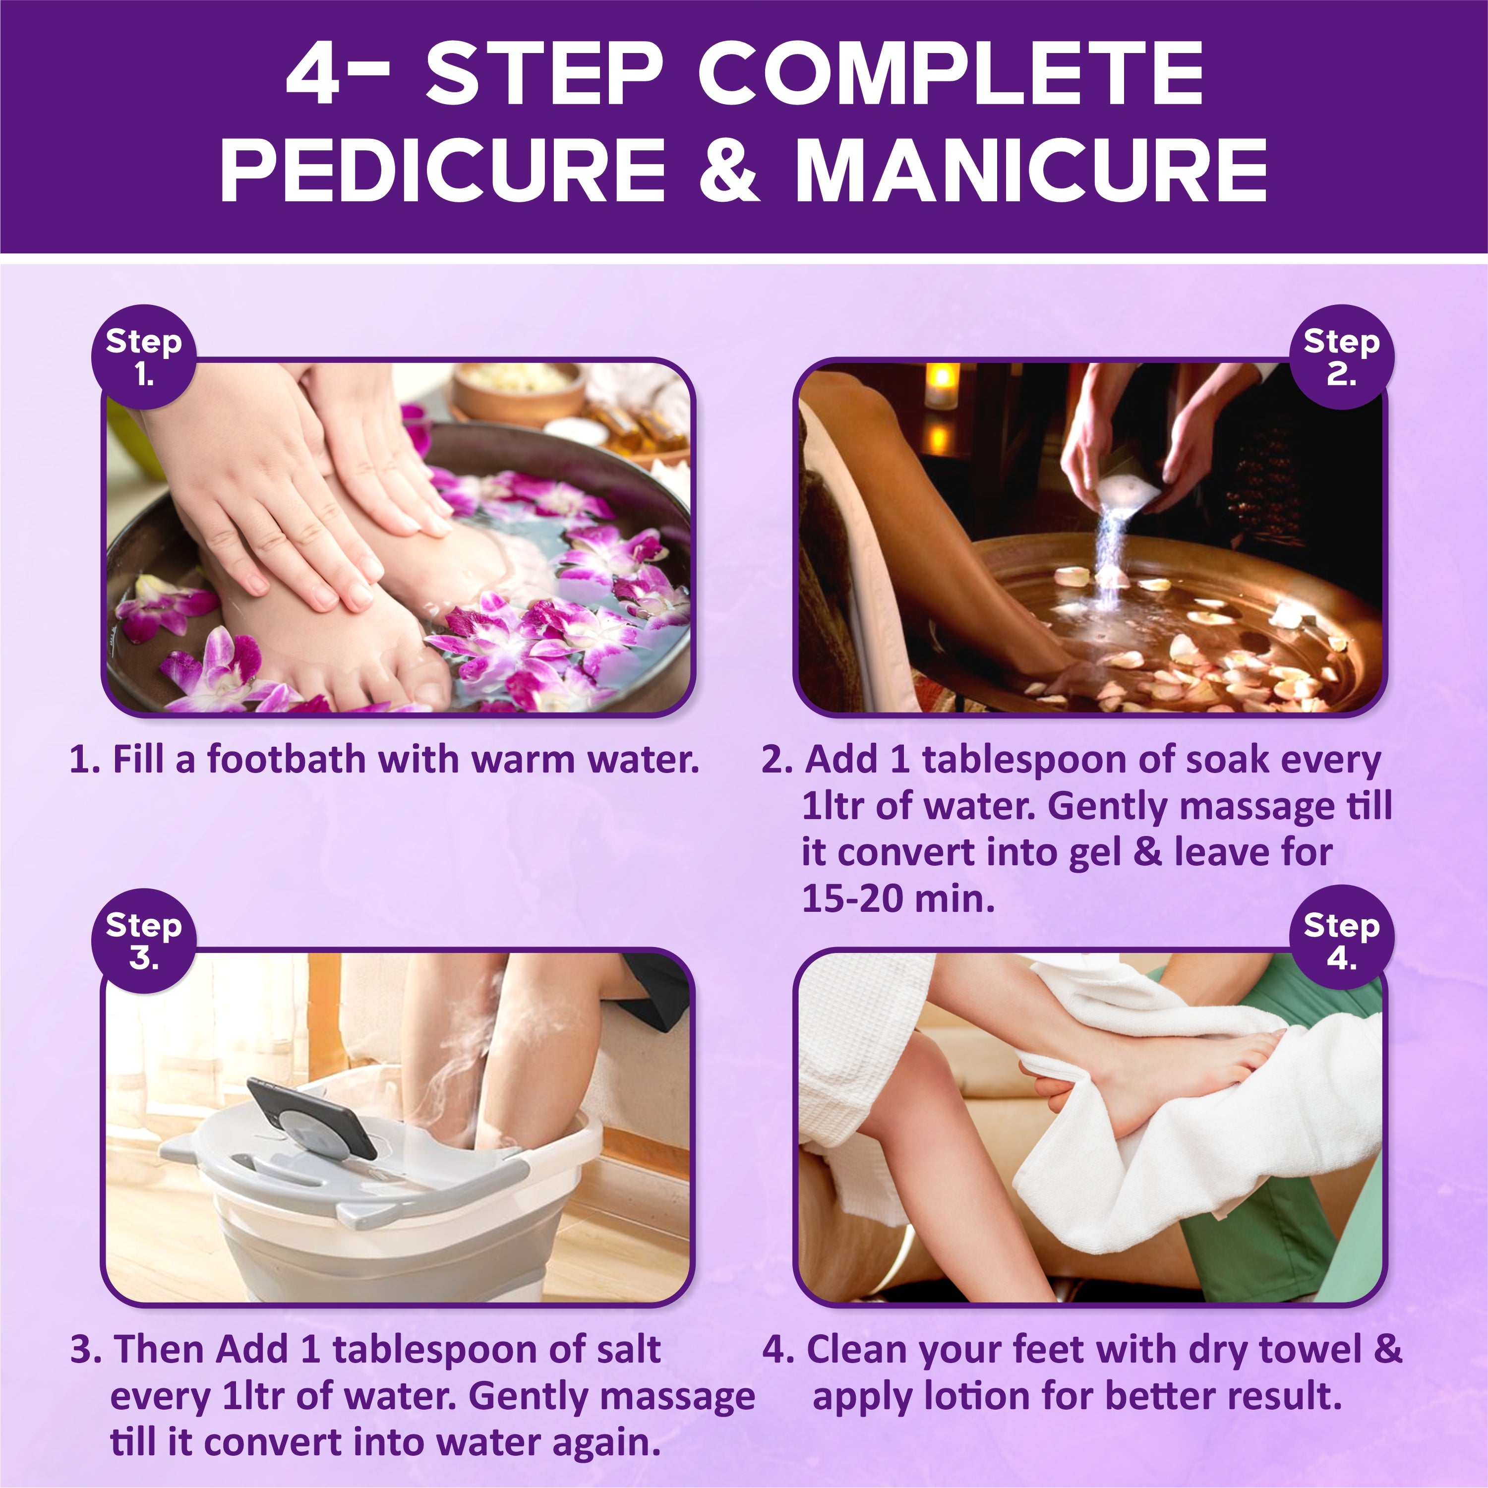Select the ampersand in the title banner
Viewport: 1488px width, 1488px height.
click(x=728, y=170)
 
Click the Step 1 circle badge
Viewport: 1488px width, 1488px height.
click(x=144, y=357)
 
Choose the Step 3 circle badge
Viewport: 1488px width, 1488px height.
click(x=144, y=941)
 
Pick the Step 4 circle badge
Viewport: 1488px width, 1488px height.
click(x=1342, y=938)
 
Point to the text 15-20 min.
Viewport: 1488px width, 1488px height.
click(x=898, y=898)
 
